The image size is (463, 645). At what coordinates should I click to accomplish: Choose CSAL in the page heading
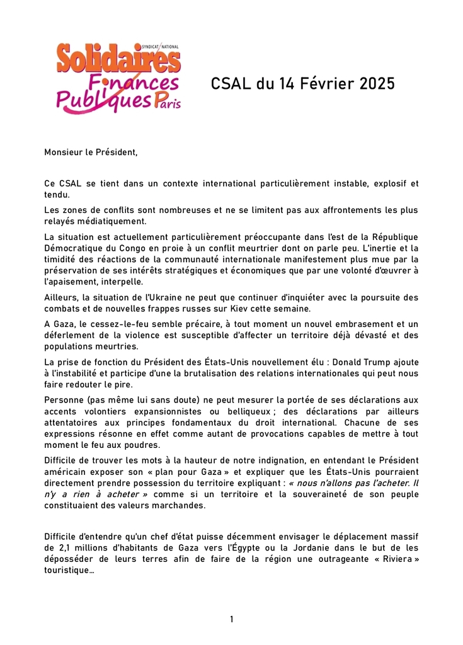[231, 83]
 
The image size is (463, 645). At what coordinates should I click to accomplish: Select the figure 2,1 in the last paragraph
[75, 548]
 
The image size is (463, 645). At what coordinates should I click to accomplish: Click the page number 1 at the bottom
[231, 620]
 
